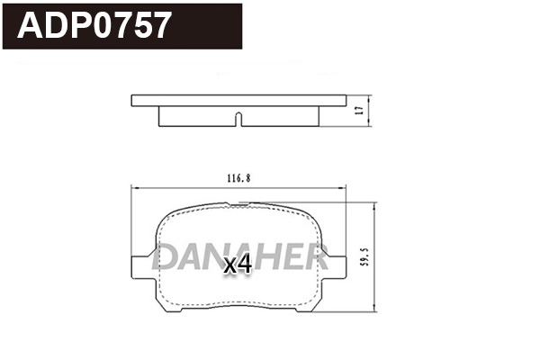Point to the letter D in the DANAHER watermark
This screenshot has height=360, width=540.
(x=166, y=256)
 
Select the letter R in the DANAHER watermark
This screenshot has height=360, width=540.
(x=314, y=256)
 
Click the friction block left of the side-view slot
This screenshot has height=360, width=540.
(x=196, y=114)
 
